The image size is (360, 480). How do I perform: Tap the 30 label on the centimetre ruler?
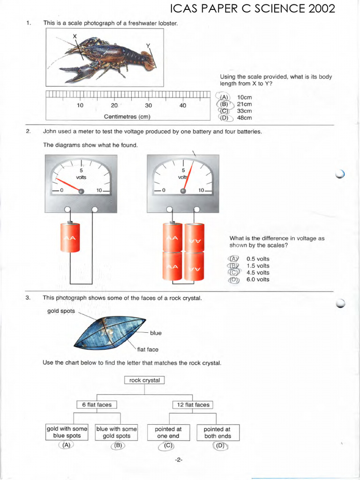tap(149, 105)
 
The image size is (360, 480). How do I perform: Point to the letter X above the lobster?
tap(74, 37)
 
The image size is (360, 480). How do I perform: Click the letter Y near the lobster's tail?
tap(148, 45)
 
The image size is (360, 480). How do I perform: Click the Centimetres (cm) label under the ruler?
tap(127, 117)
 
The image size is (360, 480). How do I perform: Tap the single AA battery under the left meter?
tap(70, 238)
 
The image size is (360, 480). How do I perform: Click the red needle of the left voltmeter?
tap(68, 185)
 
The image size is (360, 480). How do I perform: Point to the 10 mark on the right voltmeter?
tap(201, 190)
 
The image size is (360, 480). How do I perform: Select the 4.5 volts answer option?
tap(258, 272)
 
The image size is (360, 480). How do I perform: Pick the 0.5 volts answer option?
tap(258, 259)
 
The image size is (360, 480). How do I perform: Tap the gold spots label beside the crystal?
tap(61, 311)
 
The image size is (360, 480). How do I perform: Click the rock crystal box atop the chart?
tap(144, 380)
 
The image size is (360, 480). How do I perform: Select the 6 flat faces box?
tap(97, 405)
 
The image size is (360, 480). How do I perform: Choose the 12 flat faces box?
tap(193, 405)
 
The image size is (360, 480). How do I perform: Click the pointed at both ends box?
tap(217, 432)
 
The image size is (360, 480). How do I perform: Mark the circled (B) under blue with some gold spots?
tap(118, 446)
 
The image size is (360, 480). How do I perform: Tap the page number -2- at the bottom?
tap(178, 460)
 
